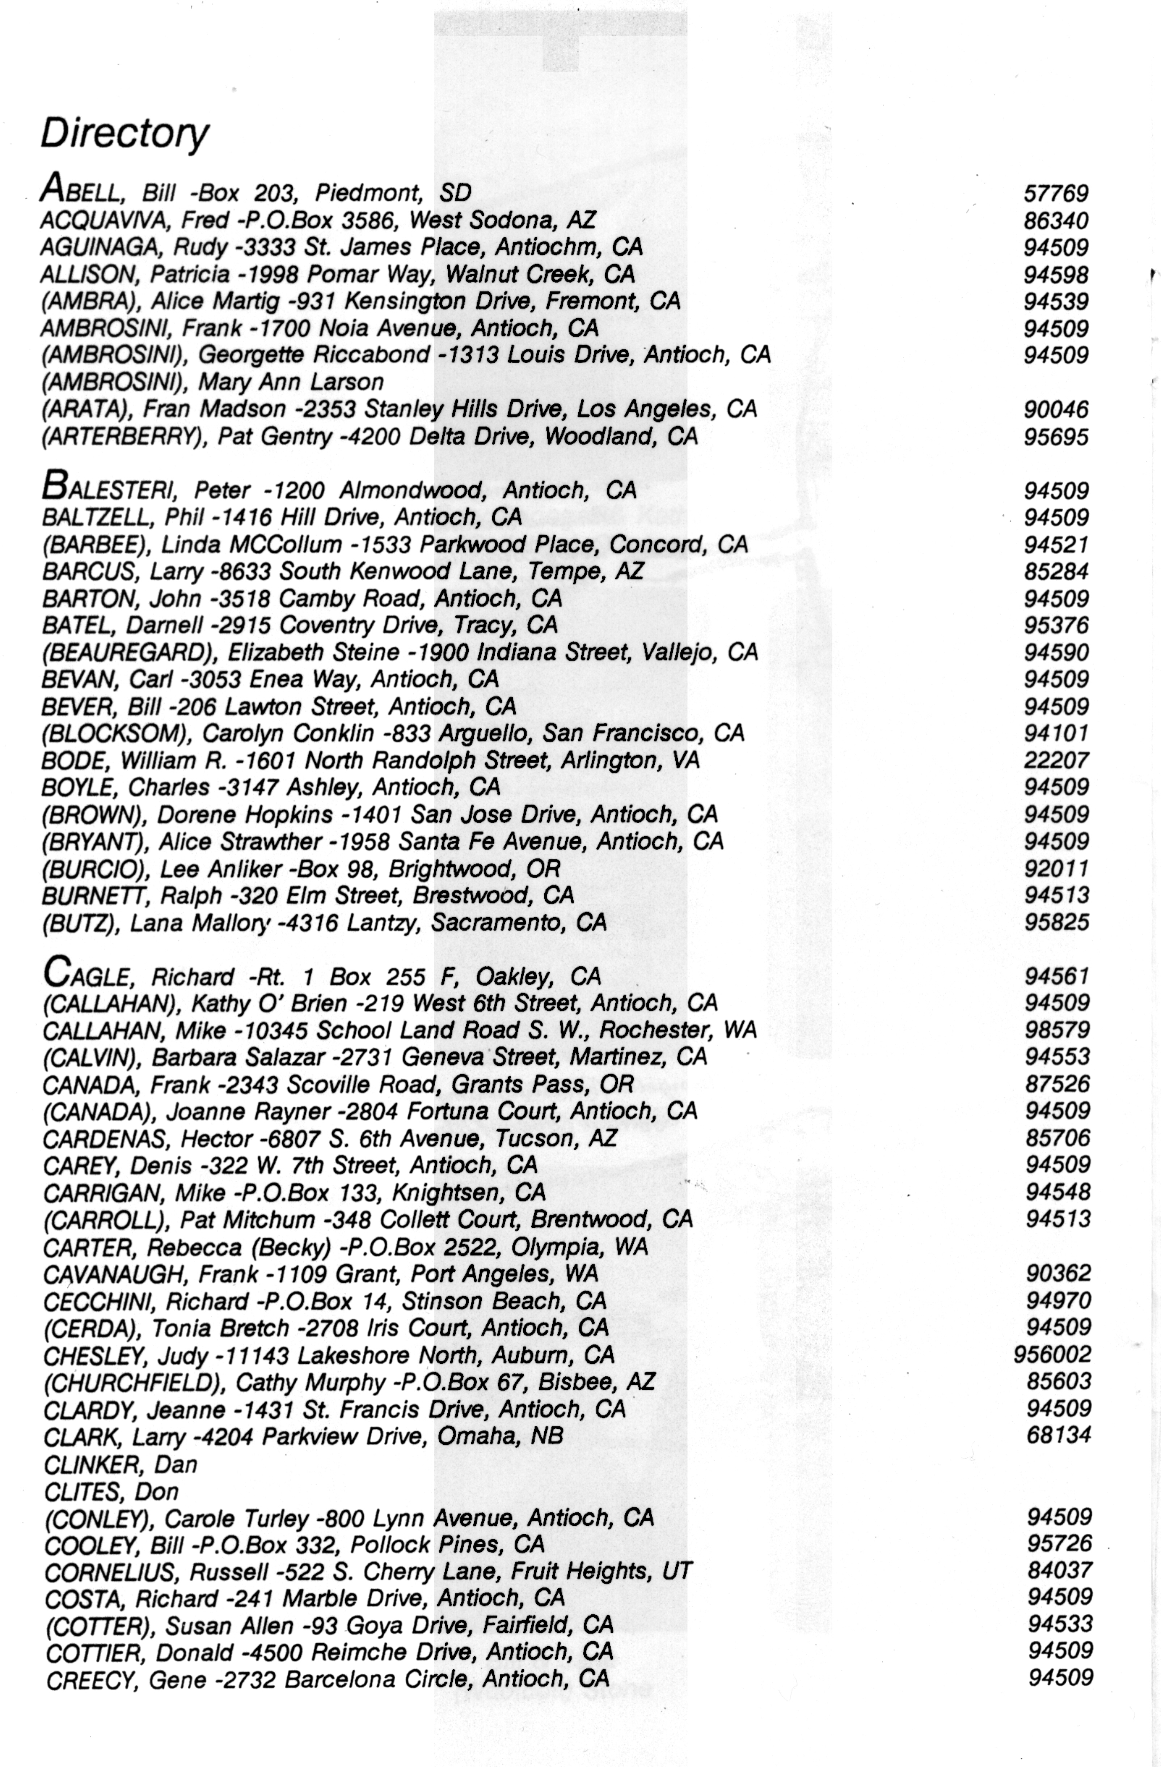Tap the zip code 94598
(x=1056, y=275)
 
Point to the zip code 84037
(x=1059, y=1570)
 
